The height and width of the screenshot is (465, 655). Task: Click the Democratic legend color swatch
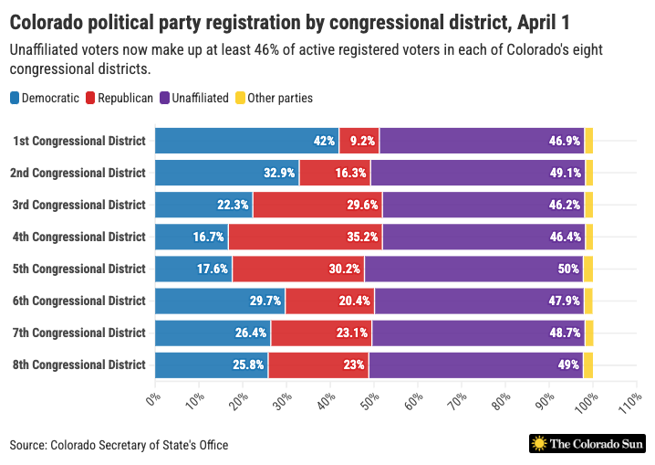pyautogui.click(x=15, y=98)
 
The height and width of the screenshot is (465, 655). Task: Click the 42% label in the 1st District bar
pyautogui.click(x=324, y=141)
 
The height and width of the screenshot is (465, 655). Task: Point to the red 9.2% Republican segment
pyautogui.click(x=359, y=141)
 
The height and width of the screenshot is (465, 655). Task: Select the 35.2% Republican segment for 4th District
pyautogui.click(x=305, y=237)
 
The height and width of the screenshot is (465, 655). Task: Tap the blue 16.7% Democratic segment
pyautogui.click(x=192, y=237)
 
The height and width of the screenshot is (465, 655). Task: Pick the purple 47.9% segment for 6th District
pyautogui.click(x=479, y=301)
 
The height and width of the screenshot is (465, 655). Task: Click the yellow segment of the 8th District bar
pyautogui.click(x=588, y=365)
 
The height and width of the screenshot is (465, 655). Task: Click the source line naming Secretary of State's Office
pyautogui.click(x=120, y=445)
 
